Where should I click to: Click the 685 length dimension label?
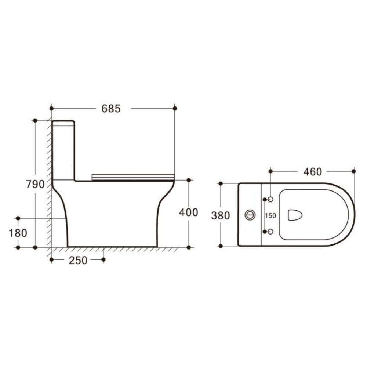(x=111, y=109)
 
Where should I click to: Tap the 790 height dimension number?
(x=35, y=184)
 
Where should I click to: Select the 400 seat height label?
(x=188, y=212)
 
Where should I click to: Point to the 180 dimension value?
(x=18, y=233)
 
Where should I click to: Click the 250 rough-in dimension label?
(x=78, y=260)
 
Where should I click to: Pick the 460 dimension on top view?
(x=313, y=172)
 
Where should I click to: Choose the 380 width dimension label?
(x=221, y=215)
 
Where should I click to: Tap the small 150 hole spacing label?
(x=270, y=215)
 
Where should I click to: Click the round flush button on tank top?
(x=250, y=215)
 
